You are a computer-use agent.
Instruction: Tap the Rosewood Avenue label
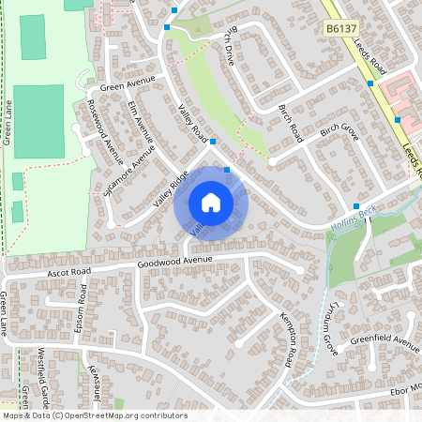coord(105,132)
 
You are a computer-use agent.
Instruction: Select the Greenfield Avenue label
coord(384,340)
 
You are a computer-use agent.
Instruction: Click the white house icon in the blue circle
coord(211,203)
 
